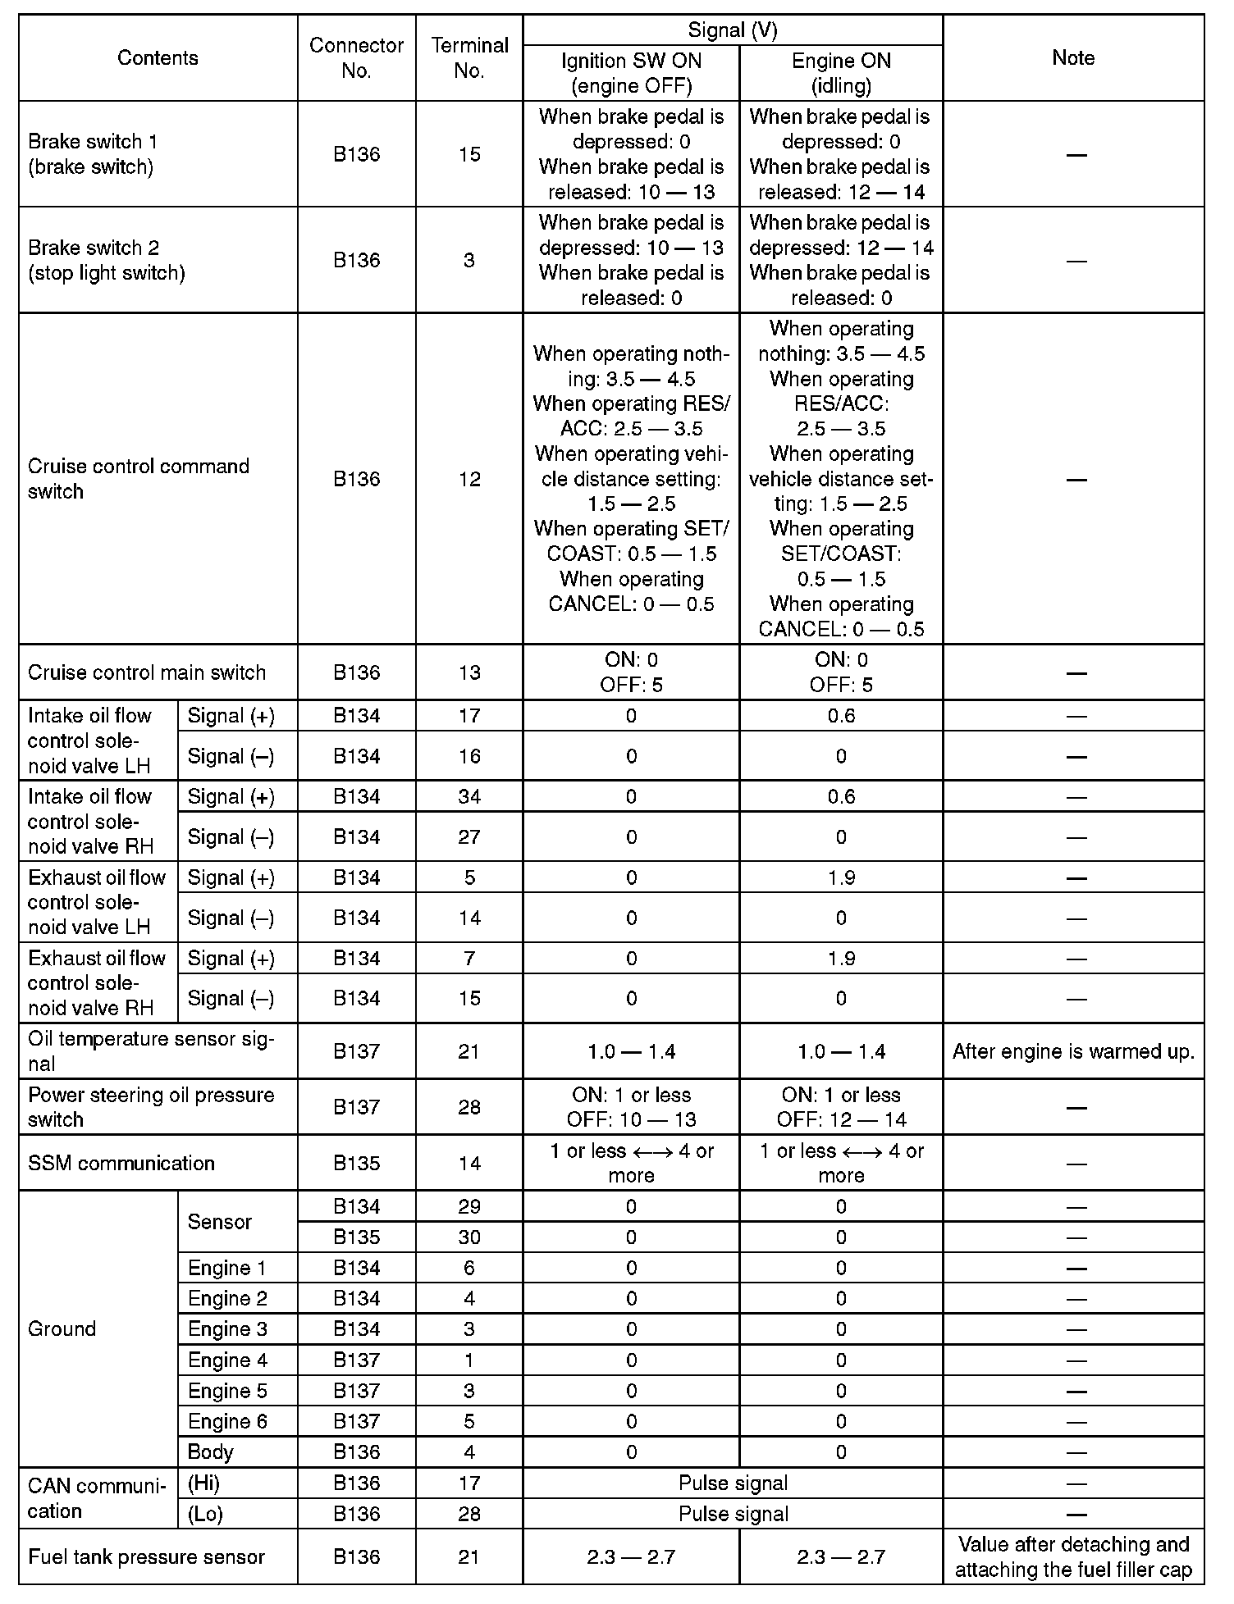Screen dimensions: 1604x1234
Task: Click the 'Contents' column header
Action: click(x=158, y=57)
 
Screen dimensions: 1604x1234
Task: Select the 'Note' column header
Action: click(x=1073, y=57)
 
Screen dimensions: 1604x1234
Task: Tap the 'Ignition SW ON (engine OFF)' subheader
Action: click(x=631, y=73)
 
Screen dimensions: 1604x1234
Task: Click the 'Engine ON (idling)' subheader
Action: click(x=841, y=73)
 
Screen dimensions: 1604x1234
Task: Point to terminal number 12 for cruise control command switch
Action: click(x=469, y=479)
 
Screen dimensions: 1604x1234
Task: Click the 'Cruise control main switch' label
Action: click(x=147, y=672)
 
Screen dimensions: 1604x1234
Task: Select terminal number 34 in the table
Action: click(x=469, y=796)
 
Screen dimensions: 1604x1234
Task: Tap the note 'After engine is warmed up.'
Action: click(x=1073, y=1051)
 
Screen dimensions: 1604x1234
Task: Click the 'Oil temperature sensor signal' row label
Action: click(x=151, y=1051)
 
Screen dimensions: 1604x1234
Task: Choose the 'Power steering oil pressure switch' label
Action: click(x=151, y=1107)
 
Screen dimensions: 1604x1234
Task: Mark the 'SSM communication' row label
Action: click(x=121, y=1163)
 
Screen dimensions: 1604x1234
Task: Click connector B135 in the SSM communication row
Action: click(x=357, y=1163)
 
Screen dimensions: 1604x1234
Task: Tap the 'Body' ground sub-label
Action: click(x=211, y=1452)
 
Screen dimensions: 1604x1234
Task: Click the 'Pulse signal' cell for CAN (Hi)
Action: click(x=733, y=1483)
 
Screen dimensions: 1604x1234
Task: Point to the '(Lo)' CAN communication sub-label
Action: click(x=205, y=1514)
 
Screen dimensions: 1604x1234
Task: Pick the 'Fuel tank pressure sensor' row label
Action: click(x=146, y=1556)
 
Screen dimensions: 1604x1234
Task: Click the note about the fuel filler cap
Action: click(x=1073, y=1556)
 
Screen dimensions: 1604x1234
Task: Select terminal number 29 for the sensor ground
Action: click(x=469, y=1206)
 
